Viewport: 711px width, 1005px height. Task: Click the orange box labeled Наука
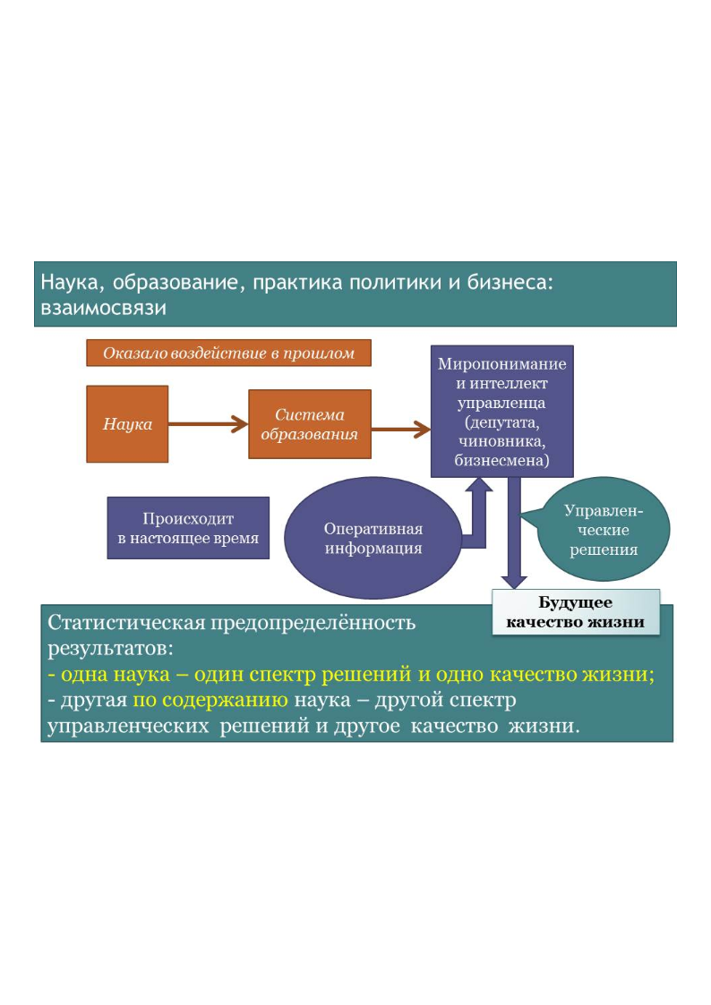coord(127,423)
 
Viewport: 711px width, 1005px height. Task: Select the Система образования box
coord(310,423)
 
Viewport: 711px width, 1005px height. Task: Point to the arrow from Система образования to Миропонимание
coord(400,429)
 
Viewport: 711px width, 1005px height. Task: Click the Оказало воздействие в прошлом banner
coord(229,353)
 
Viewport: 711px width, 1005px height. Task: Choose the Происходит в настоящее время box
coord(188,528)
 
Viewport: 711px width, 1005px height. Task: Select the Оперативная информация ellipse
coord(373,538)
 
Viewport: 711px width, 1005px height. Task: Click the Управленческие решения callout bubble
coord(602,530)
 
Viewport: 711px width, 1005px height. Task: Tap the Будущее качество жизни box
coord(576,612)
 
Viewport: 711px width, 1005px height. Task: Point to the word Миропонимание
coord(502,364)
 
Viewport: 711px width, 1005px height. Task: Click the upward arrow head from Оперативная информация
coord(478,484)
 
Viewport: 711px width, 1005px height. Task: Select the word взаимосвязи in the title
coord(104,308)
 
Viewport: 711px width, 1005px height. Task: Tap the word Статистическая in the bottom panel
coord(126,622)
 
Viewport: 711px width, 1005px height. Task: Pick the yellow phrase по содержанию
coord(210,700)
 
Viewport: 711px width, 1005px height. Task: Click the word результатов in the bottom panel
coord(110,649)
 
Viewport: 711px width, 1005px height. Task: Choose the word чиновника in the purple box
coord(502,441)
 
